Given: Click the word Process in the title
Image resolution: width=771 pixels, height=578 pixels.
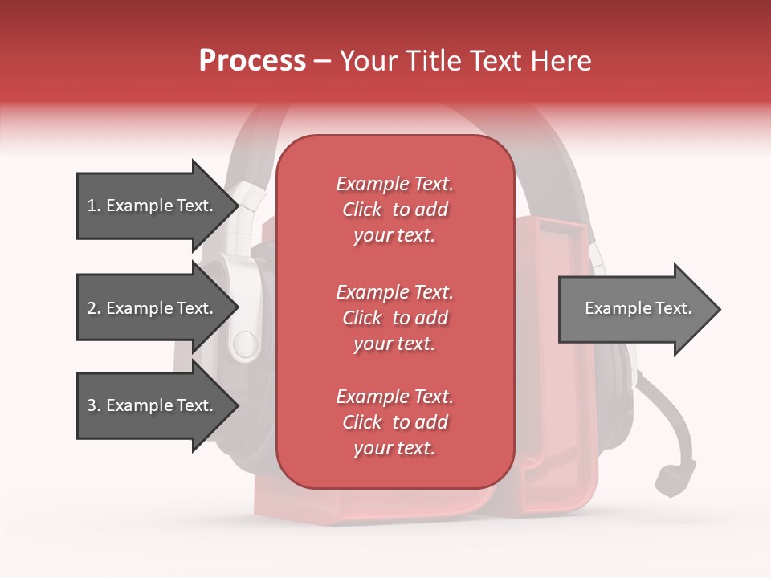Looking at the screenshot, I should pos(252,61).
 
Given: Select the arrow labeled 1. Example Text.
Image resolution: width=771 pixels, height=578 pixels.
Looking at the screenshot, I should pos(153,206).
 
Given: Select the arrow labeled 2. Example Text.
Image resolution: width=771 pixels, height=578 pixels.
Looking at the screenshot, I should pos(153,308).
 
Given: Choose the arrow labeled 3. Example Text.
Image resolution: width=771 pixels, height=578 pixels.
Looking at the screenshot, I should pos(153,405).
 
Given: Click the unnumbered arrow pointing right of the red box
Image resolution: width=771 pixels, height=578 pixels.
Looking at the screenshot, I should pos(634,309).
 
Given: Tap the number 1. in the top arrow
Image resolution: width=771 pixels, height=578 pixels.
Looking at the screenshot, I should pos(94,206).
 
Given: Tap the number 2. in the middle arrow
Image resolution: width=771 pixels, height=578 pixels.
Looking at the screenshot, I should pos(94,308).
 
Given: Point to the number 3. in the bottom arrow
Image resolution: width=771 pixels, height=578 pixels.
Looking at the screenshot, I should pos(94,405).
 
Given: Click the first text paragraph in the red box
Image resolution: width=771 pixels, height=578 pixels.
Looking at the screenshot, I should pos(394,210).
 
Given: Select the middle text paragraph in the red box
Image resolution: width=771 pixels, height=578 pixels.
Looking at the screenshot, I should pos(394,318).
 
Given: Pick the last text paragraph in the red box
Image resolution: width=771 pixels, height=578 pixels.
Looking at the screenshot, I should pos(394,422).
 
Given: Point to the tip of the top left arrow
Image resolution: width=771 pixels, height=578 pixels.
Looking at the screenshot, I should pos(238,206).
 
